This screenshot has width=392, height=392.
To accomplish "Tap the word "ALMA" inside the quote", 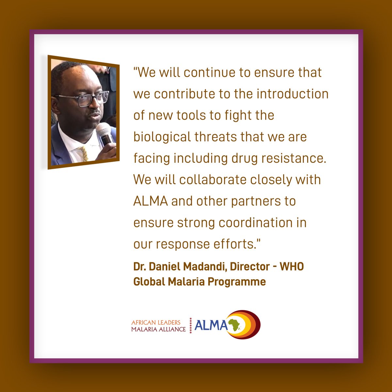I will pyautogui.click(x=150, y=201).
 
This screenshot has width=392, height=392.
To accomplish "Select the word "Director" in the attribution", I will pyautogui.click(x=250, y=267).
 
